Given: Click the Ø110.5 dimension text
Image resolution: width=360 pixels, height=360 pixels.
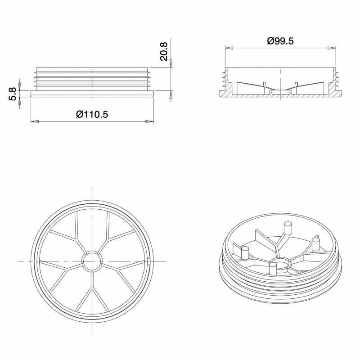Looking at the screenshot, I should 92,114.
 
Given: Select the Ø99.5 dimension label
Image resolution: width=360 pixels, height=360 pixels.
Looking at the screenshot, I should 280,41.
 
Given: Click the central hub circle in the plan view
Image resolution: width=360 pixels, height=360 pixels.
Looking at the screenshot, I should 92,261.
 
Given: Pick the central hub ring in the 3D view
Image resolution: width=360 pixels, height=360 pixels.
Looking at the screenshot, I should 281,262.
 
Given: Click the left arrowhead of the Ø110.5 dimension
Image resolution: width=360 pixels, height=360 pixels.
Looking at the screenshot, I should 34,121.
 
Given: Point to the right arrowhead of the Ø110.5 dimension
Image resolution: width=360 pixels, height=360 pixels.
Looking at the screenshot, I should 151,121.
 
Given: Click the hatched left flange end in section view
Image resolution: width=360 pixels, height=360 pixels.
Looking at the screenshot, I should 225,94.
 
